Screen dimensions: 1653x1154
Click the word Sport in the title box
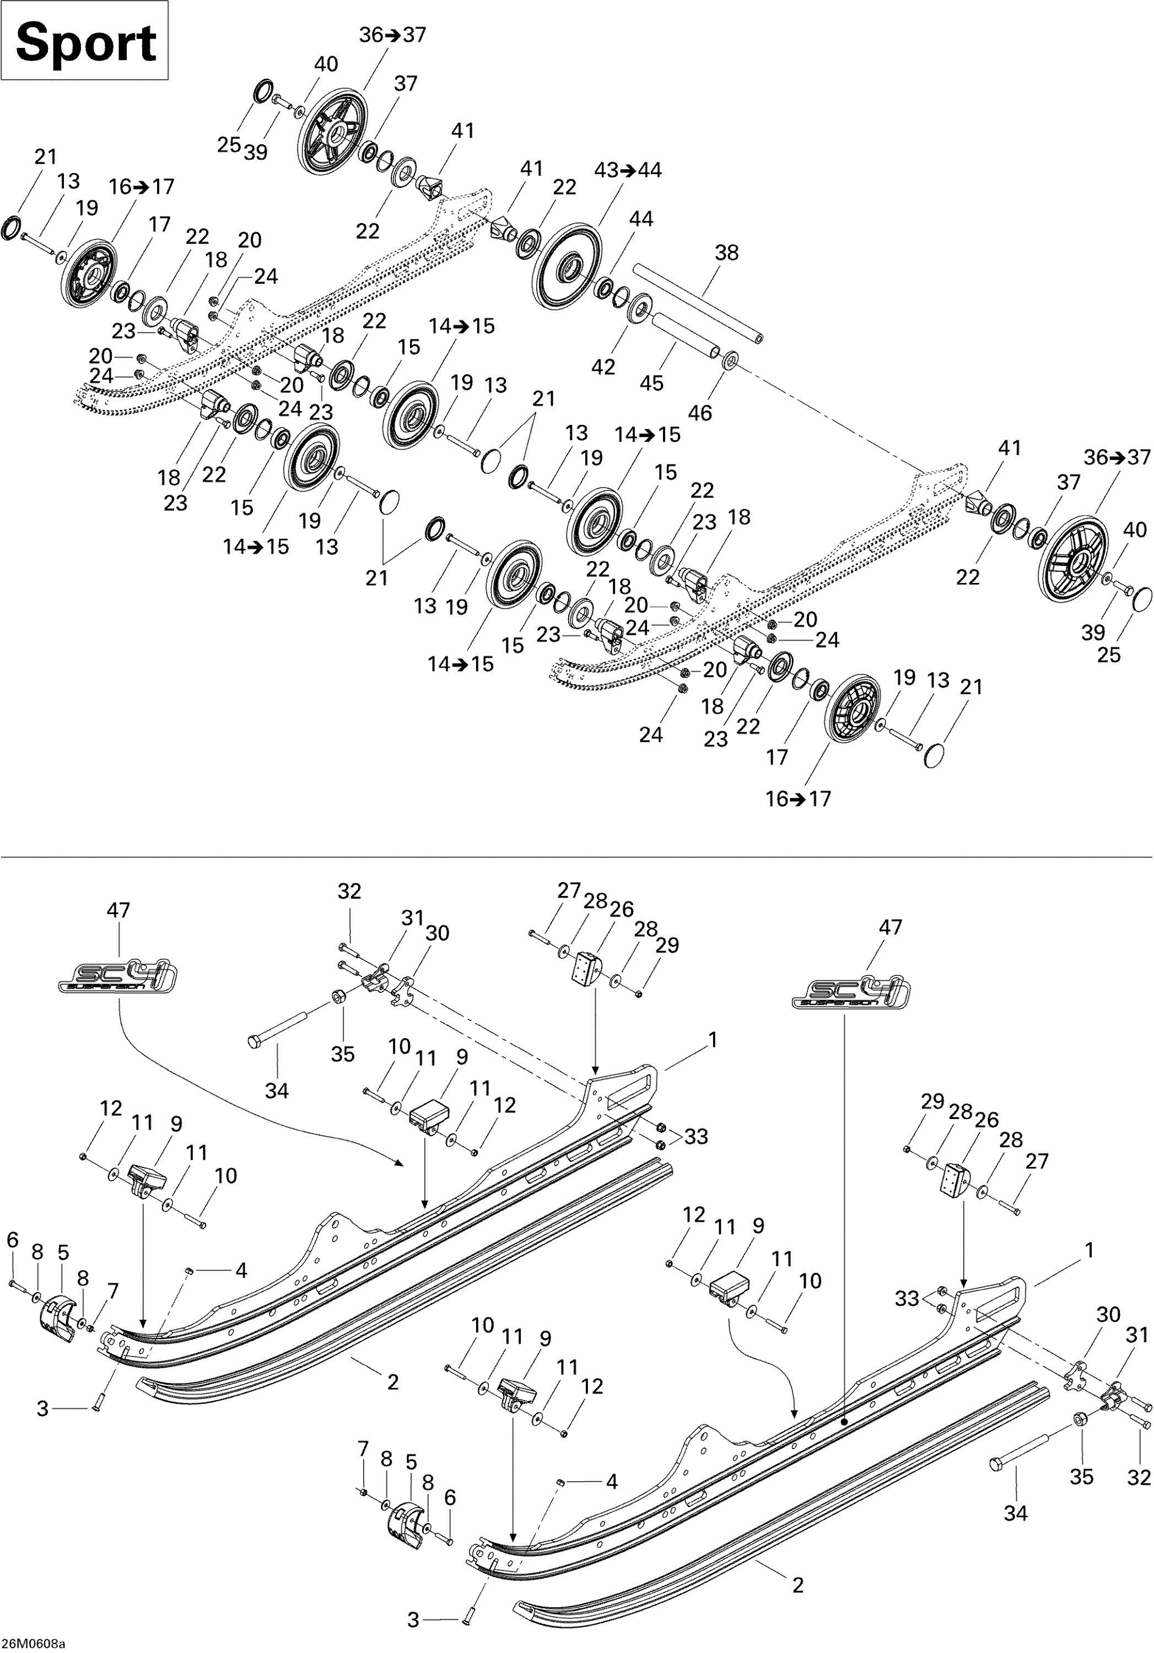coord(85,42)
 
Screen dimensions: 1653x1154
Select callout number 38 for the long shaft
coord(726,253)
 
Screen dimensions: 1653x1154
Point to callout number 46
coord(700,413)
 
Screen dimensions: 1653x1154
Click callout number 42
coord(603,366)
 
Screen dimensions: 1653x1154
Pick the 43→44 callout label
coord(628,171)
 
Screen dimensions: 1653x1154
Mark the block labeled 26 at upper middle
coord(587,968)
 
